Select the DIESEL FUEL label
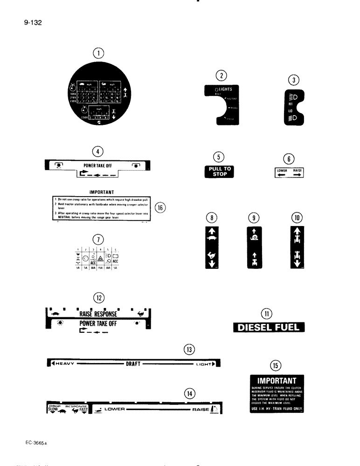click(x=269, y=328)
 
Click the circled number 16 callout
click(x=159, y=208)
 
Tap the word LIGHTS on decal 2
click(x=223, y=89)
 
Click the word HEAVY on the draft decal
click(x=65, y=364)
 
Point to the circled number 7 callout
click(x=98, y=240)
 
